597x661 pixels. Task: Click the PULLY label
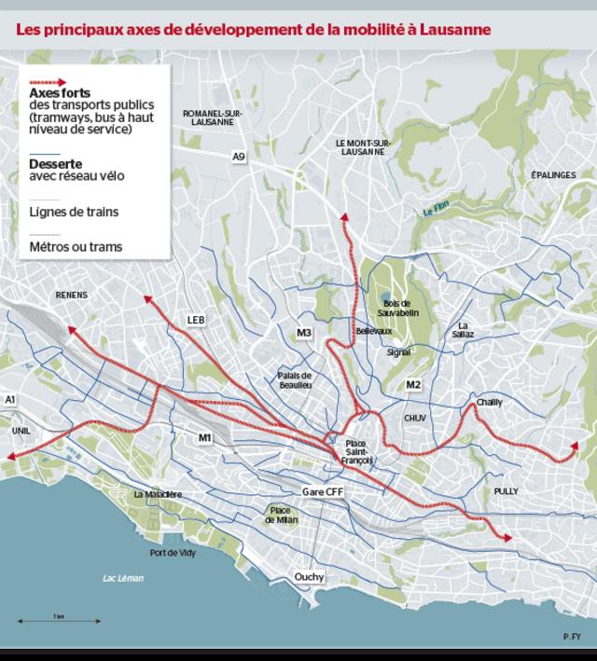507,490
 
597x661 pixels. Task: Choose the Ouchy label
309,577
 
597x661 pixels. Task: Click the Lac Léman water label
123,578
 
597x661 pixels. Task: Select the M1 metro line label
205,437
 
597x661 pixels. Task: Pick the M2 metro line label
414,385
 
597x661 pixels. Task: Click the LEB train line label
195,320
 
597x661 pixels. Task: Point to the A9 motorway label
239,158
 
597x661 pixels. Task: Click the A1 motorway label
11,399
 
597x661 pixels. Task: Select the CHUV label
414,419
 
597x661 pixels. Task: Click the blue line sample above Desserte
45,154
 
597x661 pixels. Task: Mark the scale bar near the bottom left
59,620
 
